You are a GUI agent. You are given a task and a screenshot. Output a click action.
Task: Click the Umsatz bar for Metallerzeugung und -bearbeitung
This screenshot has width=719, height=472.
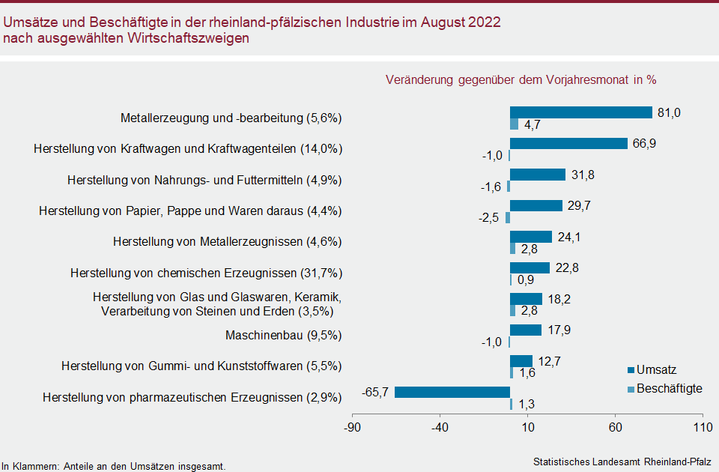point(580,112)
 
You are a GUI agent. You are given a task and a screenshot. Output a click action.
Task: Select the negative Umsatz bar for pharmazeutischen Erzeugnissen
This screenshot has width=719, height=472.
point(452,392)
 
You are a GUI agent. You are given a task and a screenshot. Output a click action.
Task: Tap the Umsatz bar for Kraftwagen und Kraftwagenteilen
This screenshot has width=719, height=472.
point(568,144)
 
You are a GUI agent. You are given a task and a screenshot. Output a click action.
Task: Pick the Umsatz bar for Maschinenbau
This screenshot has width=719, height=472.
point(526,330)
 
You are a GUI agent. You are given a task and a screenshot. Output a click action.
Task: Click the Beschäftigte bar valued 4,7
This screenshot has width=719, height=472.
point(514,124)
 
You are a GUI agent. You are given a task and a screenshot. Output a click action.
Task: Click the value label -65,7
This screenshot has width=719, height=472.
point(376,392)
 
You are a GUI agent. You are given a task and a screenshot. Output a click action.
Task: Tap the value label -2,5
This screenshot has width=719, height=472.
point(490,218)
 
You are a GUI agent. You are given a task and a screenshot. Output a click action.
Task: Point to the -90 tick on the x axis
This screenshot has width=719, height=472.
point(352,428)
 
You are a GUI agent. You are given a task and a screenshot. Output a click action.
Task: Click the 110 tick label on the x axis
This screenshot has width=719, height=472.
point(703,428)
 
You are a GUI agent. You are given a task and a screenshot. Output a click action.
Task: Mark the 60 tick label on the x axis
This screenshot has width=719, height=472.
point(615,428)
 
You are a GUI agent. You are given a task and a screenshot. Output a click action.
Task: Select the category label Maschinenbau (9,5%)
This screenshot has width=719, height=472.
point(284,335)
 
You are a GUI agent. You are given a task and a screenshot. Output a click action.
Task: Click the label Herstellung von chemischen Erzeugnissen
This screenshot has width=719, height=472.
point(206,273)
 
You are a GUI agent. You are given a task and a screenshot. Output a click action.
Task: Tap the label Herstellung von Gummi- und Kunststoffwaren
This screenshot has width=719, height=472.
point(201,366)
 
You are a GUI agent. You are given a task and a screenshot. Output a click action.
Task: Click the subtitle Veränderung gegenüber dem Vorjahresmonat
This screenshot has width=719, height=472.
point(521,79)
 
